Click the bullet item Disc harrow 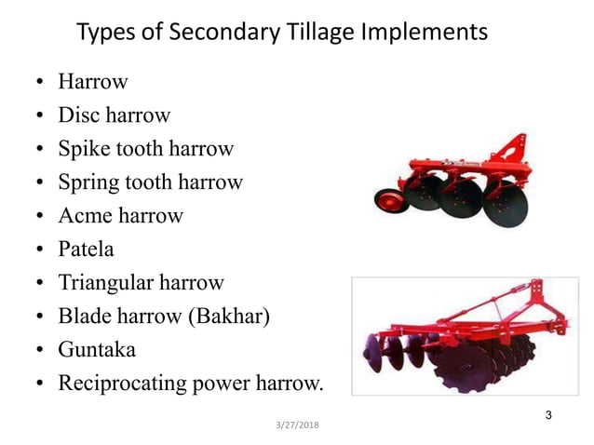pos(114,115)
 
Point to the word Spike pos(85,149)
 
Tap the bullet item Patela pos(86,249)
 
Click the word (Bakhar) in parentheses pos(229,317)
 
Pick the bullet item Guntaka pos(96,350)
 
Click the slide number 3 pos(548,414)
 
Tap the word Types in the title pos(104,32)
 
